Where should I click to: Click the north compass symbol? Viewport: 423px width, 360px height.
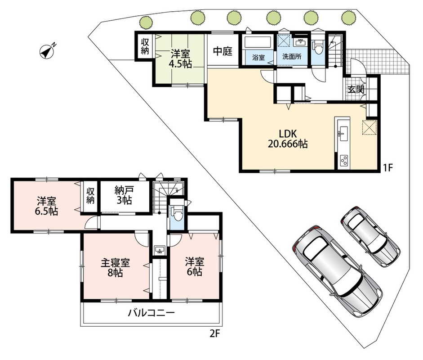tap(47, 51)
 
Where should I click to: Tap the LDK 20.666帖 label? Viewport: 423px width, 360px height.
tap(288, 139)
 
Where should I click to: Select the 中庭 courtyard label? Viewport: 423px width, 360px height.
tap(223, 51)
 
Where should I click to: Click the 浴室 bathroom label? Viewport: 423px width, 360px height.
tap(258, 57)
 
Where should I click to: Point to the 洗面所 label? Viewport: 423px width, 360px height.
tap(292, 57)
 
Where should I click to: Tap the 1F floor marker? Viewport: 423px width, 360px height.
tap(388, 168)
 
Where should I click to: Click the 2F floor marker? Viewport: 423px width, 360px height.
tap(214, 334)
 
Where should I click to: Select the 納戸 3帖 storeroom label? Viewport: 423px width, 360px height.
tap(124, 196)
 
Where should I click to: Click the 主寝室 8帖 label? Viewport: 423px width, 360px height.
tap(115, 268)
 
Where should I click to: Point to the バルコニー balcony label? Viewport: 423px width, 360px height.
tap(151, 313)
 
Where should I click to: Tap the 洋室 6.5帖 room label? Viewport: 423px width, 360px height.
tap(46, 206)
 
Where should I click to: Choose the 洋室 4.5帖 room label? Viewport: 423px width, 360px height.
tap(180, 58)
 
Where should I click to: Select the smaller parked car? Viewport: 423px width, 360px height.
tap(370, 236)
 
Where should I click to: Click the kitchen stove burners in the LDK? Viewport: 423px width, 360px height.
tap(344, 161)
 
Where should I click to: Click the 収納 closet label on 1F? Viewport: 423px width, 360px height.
tap(145, 46)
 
